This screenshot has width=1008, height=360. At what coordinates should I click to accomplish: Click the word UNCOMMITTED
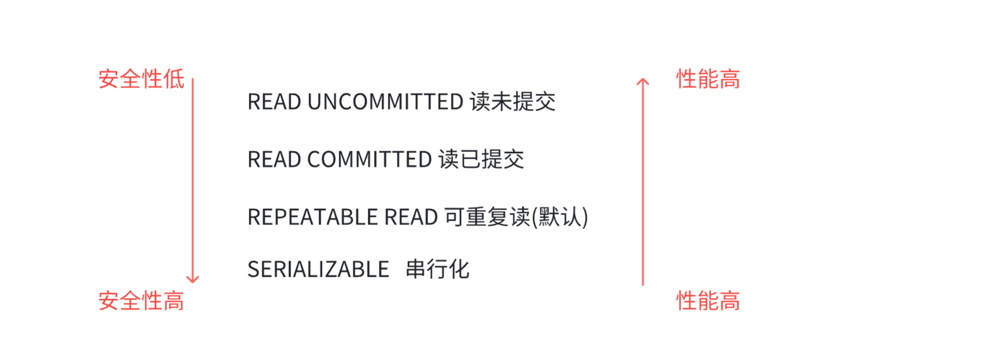coord(385,102)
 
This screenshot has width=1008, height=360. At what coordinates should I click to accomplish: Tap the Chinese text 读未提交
coord(512,102)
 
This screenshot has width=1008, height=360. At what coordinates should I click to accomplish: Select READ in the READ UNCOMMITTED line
coord(274,102)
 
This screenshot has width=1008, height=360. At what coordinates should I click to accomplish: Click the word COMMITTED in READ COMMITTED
coord(369,160)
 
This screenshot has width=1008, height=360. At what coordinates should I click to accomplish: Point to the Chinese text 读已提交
coord(481,159)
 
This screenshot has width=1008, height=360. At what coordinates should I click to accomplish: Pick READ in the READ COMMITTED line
coord(274,160)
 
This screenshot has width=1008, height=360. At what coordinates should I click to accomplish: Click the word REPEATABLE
coord(312,217)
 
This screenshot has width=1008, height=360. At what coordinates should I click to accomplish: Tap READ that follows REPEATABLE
coord(411,217)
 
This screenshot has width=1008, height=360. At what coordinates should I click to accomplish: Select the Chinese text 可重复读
coord(487,217)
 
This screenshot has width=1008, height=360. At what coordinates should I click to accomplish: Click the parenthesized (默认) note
coord(560,217)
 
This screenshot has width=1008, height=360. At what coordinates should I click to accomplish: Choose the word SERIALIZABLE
coord(318,270)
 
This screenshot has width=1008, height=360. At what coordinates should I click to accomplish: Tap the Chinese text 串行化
coord(438,269)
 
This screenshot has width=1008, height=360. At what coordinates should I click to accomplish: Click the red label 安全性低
coord(141,79)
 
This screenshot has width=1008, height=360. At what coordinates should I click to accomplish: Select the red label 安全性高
coord(141,301)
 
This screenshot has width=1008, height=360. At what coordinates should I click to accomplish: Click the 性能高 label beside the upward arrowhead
coord(708,79)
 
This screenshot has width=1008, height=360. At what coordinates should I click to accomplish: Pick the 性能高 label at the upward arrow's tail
coord(708,301)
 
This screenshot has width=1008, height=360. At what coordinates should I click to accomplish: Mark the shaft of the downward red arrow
coord(193,179)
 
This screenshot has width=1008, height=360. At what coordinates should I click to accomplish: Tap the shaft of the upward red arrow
coord(643,184)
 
